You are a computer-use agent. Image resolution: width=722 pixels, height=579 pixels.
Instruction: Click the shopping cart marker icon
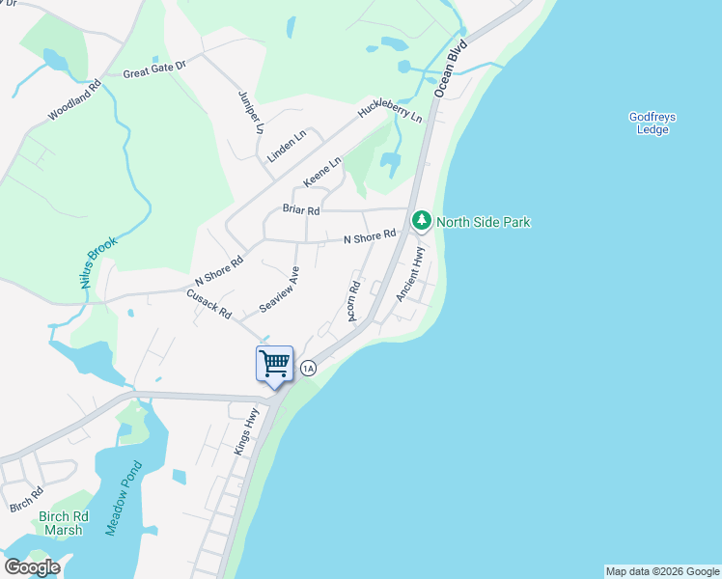275,364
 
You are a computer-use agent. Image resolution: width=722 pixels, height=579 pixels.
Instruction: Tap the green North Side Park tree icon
422,221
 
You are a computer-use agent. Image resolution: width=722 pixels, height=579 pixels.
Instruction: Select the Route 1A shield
308,368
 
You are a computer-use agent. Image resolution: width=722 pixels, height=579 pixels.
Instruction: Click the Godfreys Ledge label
653,124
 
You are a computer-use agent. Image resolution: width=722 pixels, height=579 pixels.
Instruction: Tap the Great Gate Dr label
153,69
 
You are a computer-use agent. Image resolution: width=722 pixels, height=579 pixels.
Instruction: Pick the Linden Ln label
287,145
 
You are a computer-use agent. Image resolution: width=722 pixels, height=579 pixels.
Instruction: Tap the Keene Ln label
322,173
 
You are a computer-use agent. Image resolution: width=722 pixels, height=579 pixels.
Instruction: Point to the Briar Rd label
300,208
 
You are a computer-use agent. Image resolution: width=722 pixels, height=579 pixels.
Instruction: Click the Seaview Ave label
280,289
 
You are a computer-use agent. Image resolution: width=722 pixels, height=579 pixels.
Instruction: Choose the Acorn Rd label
353,301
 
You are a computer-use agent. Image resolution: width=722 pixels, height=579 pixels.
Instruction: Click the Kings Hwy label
247,431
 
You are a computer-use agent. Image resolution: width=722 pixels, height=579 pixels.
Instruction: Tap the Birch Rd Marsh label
64,523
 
